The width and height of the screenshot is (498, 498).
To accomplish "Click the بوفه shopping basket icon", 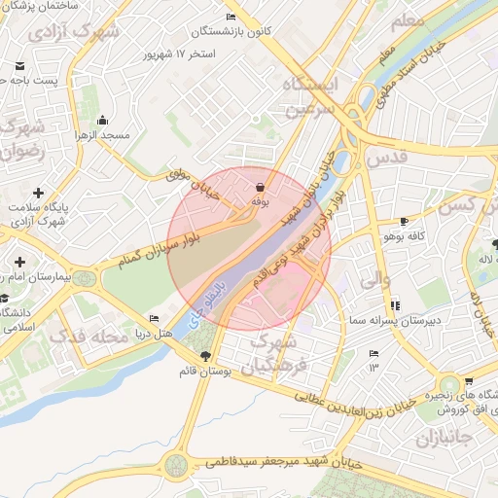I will (x=260, y=187).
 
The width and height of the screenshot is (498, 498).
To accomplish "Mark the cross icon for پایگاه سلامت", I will (x=38, y=193).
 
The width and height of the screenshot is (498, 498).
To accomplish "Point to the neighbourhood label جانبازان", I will (x=443, y=440).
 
